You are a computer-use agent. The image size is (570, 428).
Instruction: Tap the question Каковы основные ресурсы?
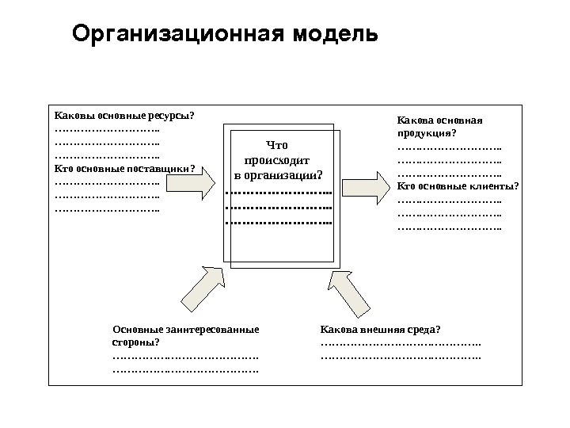click(x=123, y=116)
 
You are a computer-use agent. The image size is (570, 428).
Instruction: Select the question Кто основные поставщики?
click(x=124, y=168)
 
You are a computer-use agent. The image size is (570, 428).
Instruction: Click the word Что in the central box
click(x=278, y=145)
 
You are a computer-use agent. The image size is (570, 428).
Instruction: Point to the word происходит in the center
click(x=277, y=159)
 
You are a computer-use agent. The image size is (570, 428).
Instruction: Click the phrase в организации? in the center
click(x=278, y=174)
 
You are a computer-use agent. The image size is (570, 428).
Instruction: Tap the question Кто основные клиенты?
click(x=458, y=186)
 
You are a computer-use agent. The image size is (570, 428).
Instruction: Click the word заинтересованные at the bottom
click(x=213, y=329)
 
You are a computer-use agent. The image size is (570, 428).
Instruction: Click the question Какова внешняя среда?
click(x=380, y=329)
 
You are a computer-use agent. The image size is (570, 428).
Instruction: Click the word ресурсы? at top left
click(x=173, y=116)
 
